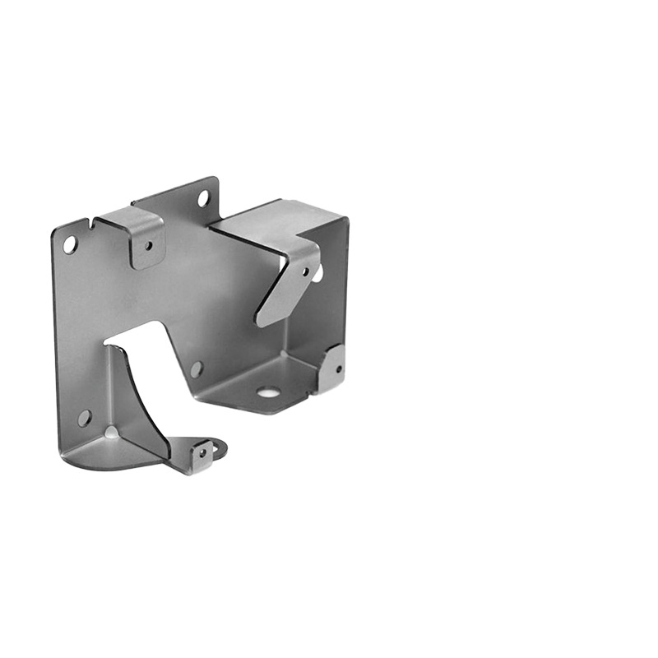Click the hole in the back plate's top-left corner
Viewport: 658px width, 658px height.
(x=70, y=244)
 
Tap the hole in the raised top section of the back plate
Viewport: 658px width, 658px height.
(x=202, y=198)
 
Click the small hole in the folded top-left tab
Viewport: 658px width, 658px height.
(x=148, y=245)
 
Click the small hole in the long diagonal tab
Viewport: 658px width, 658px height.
(x=306, y=271)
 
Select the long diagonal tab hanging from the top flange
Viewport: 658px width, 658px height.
(x=288, y=284)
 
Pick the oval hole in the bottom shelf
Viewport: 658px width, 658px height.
(x=267, y=392)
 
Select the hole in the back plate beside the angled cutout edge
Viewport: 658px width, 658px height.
(x=196, y=369)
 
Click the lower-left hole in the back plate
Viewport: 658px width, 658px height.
(x=84, y=418)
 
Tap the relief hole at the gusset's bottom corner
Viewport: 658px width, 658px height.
(x=111, y=432)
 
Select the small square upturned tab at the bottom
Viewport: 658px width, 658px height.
(x=202, y=455)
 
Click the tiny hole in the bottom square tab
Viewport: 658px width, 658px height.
(x=201, y=452)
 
